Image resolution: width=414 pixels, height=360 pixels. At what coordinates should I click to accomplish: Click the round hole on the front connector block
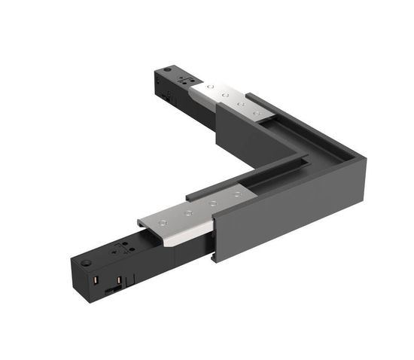87,263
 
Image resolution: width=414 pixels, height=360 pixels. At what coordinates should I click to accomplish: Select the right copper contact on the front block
119,276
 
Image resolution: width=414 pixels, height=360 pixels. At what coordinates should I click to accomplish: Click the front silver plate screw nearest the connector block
163,224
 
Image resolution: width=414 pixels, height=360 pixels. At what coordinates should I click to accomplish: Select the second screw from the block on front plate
188,213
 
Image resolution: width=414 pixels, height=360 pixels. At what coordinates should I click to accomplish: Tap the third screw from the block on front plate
213,203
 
